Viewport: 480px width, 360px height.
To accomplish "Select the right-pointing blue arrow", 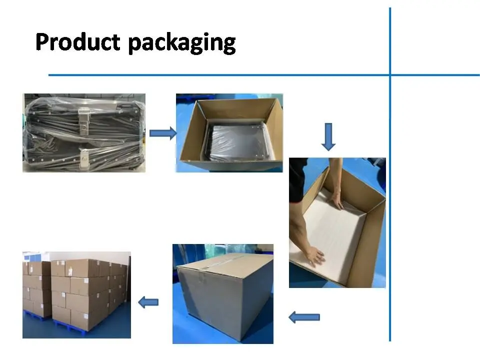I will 163,133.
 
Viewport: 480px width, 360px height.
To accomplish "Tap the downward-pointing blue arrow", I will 328,137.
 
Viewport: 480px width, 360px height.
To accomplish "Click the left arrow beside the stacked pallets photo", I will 148,302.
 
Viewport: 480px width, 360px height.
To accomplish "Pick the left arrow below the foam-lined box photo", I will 304,316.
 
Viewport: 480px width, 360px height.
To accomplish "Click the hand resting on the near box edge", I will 314,256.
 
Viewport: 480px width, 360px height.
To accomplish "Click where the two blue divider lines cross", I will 390,75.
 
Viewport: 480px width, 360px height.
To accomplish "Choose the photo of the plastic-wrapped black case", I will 84,133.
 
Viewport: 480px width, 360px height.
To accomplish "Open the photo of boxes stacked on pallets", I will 76,294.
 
